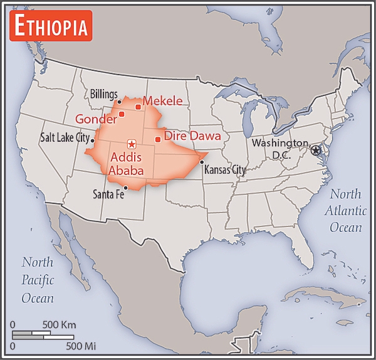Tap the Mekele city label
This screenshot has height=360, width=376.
tap(162, 100)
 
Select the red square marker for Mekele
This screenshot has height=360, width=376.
tap(138, 107)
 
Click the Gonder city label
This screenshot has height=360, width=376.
tap(96, 119)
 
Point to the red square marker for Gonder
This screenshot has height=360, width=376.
tap(122, 114)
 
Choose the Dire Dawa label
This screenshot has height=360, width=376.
tap(192, 135)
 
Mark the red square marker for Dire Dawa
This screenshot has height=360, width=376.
tap(157, 139)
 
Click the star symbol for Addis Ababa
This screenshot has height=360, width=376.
tap(131, 144)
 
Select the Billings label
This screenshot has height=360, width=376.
tap(103, 93)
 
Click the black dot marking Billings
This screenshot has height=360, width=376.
tap(118, 100)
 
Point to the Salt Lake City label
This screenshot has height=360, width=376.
tap(65, 137)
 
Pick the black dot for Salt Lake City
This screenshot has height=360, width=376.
tap(92, 140)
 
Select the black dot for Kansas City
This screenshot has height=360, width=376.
tap(202, 162)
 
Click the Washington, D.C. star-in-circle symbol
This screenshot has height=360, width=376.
tap(315, 151)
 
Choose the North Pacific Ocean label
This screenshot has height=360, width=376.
tap(38, 280)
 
